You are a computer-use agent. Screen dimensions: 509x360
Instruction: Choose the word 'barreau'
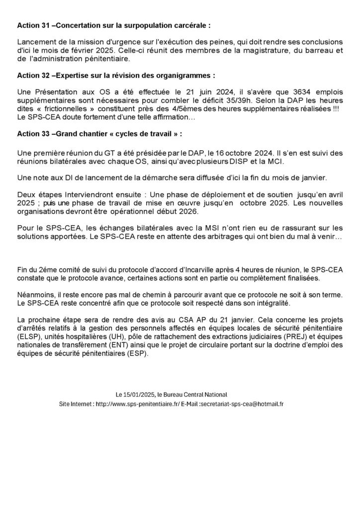click(316, 50)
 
